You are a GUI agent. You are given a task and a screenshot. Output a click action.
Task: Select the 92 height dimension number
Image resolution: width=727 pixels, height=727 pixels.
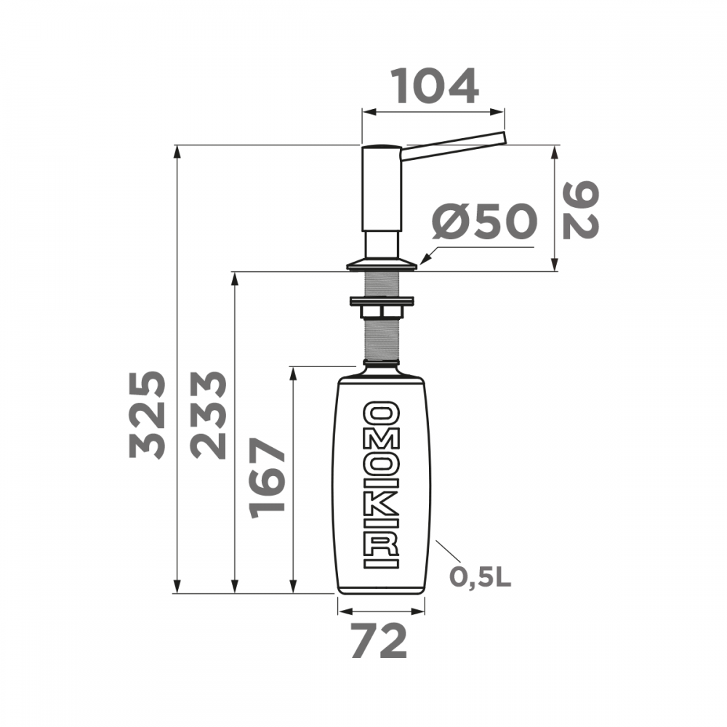tap(580, 210)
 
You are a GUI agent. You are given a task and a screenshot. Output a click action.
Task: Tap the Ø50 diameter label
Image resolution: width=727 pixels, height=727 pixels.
tap(483, 222)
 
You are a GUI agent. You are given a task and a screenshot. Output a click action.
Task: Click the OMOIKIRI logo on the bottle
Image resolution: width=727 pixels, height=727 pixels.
tap(381, 485)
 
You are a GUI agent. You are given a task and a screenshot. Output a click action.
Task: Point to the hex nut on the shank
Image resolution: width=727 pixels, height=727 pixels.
tap(382, 312)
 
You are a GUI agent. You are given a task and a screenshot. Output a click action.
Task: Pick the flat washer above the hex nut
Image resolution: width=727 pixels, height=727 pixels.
tap(382, 300)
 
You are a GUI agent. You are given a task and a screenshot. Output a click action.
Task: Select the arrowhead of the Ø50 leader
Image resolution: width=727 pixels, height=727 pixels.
tap(423, 262)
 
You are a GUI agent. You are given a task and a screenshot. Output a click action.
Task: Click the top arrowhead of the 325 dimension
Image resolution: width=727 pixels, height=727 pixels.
tap(177, 150)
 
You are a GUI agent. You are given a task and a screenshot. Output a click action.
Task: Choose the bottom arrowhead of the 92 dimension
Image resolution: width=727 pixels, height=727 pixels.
tap(556, 266)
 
